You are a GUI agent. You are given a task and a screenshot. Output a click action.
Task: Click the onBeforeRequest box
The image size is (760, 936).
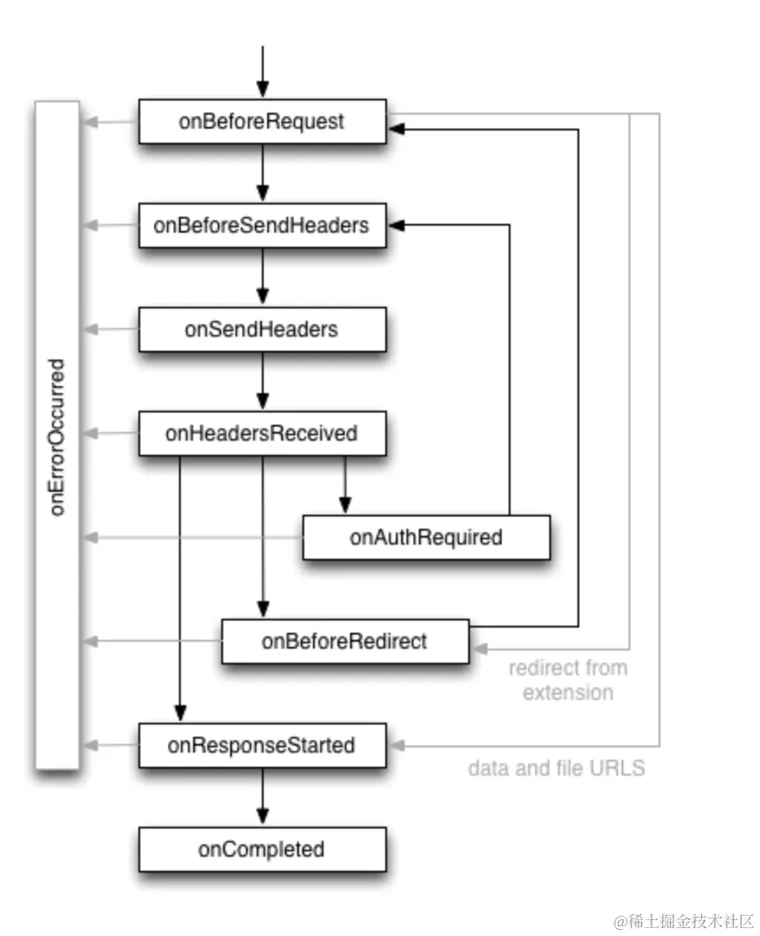pos(262,122)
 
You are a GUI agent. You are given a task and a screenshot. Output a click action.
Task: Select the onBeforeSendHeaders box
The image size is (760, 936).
pos(262,226)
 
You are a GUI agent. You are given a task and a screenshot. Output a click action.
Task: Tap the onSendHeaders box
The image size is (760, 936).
pos(262,330)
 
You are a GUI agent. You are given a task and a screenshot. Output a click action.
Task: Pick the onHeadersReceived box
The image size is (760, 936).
pos(262,434)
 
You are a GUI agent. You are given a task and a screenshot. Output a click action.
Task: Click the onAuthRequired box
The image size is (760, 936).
pos(426,538)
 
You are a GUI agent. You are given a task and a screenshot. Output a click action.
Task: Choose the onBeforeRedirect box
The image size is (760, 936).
pos(345,641)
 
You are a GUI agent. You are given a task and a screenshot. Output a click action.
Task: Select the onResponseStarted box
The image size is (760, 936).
pos(262,745)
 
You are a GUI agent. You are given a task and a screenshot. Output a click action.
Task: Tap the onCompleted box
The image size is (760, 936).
pos(262,849)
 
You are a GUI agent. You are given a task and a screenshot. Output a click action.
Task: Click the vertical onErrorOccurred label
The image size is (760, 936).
pos(56,437)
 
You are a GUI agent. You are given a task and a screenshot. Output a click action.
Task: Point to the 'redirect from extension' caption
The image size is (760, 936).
pos(568,680)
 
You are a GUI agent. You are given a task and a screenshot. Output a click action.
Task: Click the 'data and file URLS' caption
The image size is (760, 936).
pos(556,768)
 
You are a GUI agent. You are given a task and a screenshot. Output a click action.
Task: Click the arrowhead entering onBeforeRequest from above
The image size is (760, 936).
pos(263,90)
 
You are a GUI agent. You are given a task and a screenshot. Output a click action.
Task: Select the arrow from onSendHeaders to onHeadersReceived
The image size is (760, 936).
pos(263,381)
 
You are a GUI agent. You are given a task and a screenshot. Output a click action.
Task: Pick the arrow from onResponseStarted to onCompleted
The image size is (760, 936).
pos(263,797)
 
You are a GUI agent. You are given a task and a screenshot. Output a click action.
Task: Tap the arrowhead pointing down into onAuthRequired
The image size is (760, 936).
pos(345,506)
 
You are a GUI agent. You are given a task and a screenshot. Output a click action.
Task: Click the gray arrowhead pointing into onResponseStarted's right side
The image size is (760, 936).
pos(397,745)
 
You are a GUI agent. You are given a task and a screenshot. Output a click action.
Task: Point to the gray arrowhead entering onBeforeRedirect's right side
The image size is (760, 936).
pos(480,649)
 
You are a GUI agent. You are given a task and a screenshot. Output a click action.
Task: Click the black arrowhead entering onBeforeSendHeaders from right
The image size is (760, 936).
pos(397,225)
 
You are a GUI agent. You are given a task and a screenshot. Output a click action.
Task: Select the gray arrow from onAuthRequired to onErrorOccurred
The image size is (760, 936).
pos(193,538)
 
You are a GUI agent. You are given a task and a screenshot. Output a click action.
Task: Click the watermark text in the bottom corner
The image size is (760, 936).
pos(683,921)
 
